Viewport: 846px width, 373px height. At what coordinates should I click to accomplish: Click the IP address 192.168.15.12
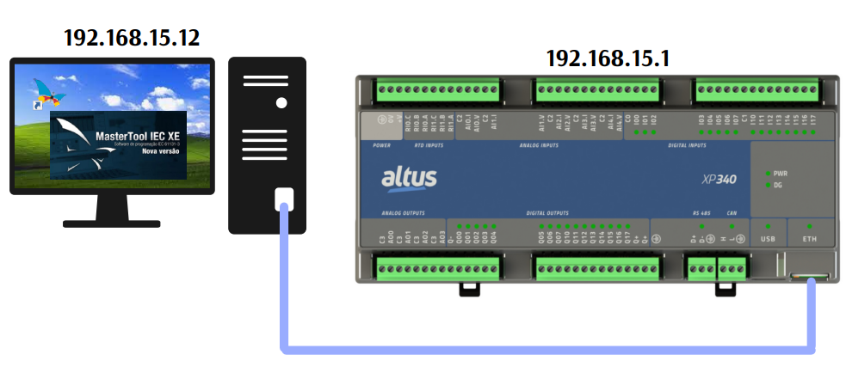(x=132, y=37)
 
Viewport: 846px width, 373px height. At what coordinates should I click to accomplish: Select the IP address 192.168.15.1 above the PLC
(x=608, y=58)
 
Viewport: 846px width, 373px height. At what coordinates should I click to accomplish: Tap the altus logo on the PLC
(x=409, y=179)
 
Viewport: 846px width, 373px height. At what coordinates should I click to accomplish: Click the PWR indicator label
(x=781, y=173)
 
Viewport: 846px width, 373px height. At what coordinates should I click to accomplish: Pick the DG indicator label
(x=778, y=185)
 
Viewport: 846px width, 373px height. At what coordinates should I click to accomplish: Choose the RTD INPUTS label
(x=429, y=145)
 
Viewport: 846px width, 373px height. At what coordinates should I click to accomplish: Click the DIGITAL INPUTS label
(x=687, y=145)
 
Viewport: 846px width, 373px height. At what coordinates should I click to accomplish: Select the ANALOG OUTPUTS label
(x=404, y=211)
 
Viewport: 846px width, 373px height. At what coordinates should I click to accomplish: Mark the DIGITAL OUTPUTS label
(x=547, y=211)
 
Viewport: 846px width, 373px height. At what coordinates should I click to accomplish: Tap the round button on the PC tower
(x=281, y=103)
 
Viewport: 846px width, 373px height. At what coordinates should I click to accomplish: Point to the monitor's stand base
(x=112, y=223)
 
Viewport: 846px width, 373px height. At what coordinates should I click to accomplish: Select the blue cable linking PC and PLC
(x=542, y=348)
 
